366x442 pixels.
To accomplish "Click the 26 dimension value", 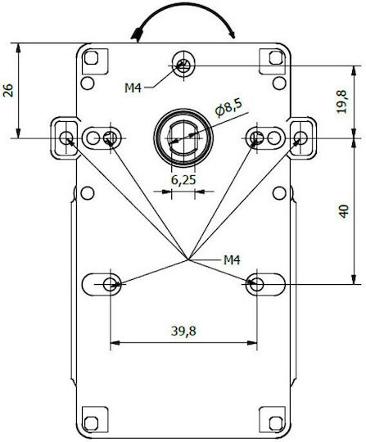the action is (x=8, y=90).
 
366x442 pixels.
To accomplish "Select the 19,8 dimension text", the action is (x=342, y=101).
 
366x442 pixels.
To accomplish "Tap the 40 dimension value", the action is (x=343, y=211).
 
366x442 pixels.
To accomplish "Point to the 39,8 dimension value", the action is (x=183, y=331).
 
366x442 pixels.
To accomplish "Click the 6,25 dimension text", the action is (x=183, y=180).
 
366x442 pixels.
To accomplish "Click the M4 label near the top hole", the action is (x=133, y=88).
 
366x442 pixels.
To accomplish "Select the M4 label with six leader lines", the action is (x=232, y=260).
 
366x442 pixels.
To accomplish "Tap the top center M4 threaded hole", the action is (x=183, y=66).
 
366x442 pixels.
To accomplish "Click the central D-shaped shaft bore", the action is (x=183, y=138).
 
